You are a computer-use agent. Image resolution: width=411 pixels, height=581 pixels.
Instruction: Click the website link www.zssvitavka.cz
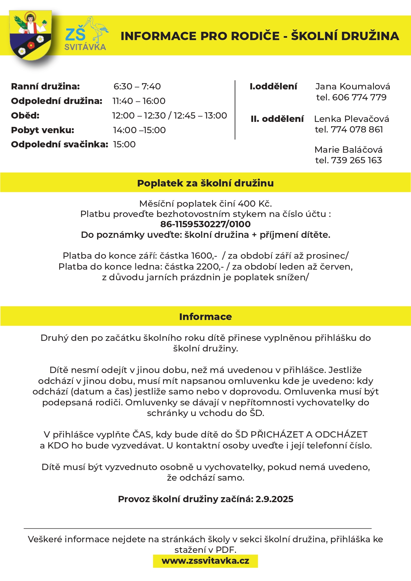[205, 561]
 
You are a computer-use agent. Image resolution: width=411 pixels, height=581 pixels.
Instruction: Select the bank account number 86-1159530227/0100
[205, 224]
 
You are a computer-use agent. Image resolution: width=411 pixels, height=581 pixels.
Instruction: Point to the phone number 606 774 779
[359, 97]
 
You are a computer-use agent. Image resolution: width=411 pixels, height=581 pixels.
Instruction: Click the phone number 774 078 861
[357, 130]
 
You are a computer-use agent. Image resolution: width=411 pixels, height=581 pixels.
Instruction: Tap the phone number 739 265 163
[356, 160]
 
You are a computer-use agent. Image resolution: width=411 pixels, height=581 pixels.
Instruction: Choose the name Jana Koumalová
[353, 86]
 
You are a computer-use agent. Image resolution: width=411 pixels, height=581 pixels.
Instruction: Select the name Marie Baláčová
[348, 150]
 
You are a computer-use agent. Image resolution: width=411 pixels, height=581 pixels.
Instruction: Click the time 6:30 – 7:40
[137, 86]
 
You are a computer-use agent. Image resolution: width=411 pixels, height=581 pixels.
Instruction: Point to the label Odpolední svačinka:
[60, 144]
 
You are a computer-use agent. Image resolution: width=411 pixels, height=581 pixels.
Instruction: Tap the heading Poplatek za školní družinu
[205, 183]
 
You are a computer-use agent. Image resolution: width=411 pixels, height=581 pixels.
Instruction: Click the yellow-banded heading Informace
[205, 317]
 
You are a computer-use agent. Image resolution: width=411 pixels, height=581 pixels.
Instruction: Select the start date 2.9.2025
[274, 499]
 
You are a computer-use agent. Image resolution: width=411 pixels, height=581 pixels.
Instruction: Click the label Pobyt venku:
[43, 130]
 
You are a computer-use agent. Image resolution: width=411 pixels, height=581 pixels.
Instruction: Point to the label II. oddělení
[277, 119]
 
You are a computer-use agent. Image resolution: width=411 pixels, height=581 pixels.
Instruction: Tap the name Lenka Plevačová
[351, 119]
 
